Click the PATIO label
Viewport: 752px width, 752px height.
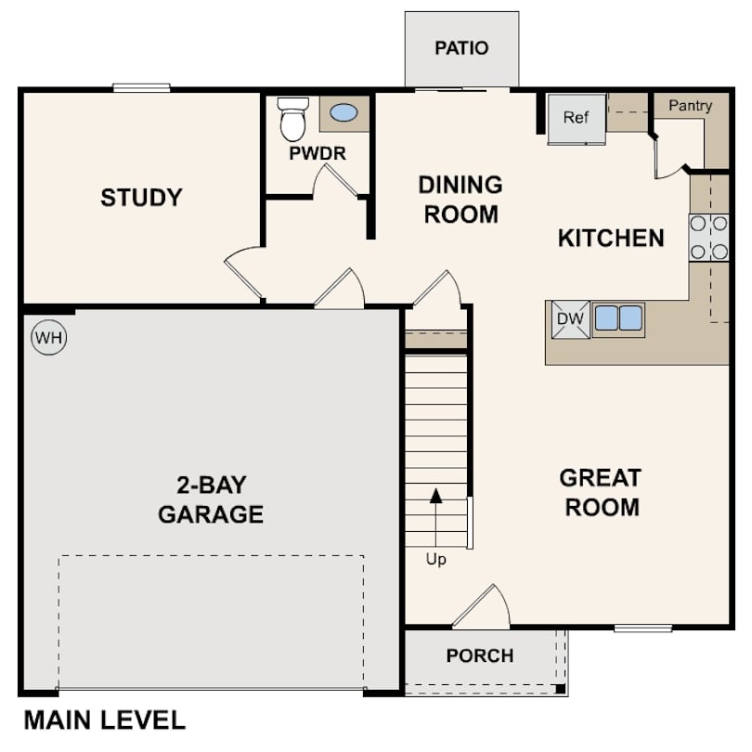[x=461, y=48]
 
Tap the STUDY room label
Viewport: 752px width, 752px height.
[x=141, y=198]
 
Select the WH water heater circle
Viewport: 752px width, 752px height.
[x=49, y=338]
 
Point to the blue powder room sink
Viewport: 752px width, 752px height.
[x=344, y=113]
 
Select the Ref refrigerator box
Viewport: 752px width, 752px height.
[x=577, y=118]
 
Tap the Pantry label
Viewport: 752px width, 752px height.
[x=690, y=106]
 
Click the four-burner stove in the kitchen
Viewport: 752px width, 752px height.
[x=708, y=238]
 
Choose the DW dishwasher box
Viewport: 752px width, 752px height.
[x=570, y=319]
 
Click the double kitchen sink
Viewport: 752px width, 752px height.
[x=618, y=318]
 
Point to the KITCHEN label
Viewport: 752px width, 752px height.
[x=611, y=239]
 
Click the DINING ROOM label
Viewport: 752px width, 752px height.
[x=460, y=199]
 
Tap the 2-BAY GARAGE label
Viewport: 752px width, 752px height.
[x=211, y=499]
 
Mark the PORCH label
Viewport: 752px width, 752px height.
[x=480, y=656]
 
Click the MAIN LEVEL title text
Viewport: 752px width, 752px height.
[x=104, y=720]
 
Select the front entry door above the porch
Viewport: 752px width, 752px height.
[x=483, y=608]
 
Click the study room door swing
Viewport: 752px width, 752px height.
[x=243, y=271]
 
